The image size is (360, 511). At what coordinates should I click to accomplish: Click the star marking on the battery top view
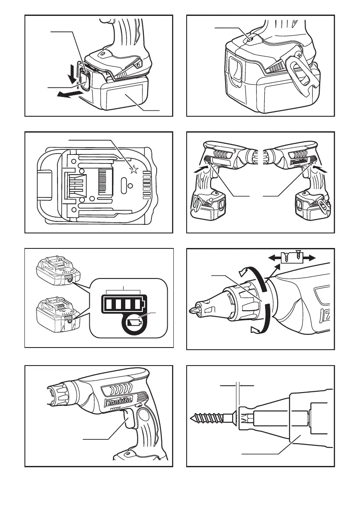click(134, 170)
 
